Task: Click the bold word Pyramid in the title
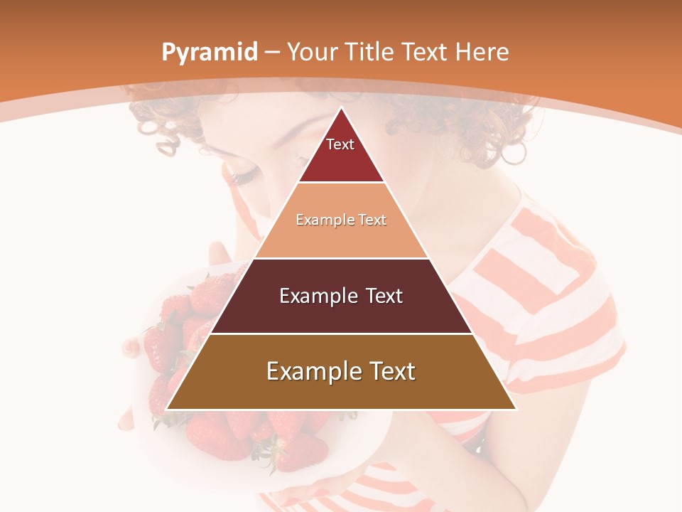click(209, 53)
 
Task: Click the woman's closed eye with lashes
click(242, 176)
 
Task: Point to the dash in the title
click(272, 53)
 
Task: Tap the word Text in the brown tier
click(391, 371)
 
